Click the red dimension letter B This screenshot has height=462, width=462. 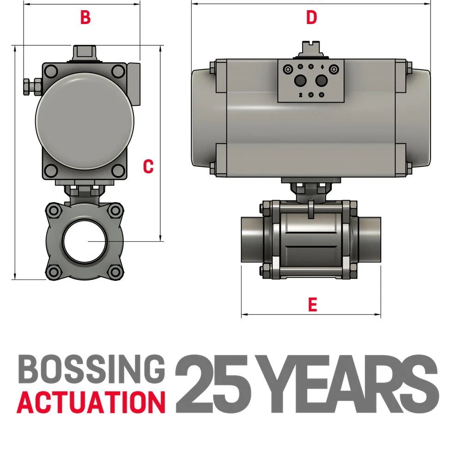click(x=85, y=17)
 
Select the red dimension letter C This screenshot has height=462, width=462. click(x=148, y=166)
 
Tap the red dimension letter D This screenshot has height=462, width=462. click(x=311, y=18)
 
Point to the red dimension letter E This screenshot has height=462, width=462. click(x=313, y=304)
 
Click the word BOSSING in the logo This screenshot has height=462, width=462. click(x=91, y=369)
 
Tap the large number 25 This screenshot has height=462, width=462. click(x=213, y=383)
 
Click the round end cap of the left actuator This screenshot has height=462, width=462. click(x=85, y=121)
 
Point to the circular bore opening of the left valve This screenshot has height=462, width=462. click(x=85, y=241)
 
